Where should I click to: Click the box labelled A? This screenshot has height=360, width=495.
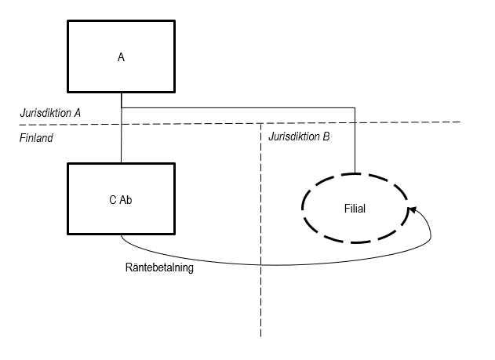[x=121, y=56]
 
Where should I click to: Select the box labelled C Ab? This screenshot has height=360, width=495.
[x=121, y=199]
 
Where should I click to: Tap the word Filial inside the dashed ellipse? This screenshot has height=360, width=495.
[x=355, y=209]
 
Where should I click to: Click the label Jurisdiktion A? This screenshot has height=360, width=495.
[x=50, y=113]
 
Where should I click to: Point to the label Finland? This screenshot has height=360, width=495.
[x=36, y=137]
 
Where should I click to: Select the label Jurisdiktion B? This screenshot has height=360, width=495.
[x=299, y=137]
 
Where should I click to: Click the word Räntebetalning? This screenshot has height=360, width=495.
[x=159, y=267]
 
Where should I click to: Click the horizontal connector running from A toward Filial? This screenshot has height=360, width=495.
[x=235, y=107]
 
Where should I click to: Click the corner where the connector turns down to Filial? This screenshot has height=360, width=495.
[x=355, y=107]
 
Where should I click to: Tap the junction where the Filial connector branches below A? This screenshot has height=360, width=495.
[x=121, y=107]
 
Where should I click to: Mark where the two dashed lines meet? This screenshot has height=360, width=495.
[x=260, y=122]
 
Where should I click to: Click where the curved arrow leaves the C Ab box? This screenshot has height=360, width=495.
[x=122, y=235]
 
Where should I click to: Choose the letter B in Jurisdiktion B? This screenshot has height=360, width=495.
[x=326, y=137]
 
